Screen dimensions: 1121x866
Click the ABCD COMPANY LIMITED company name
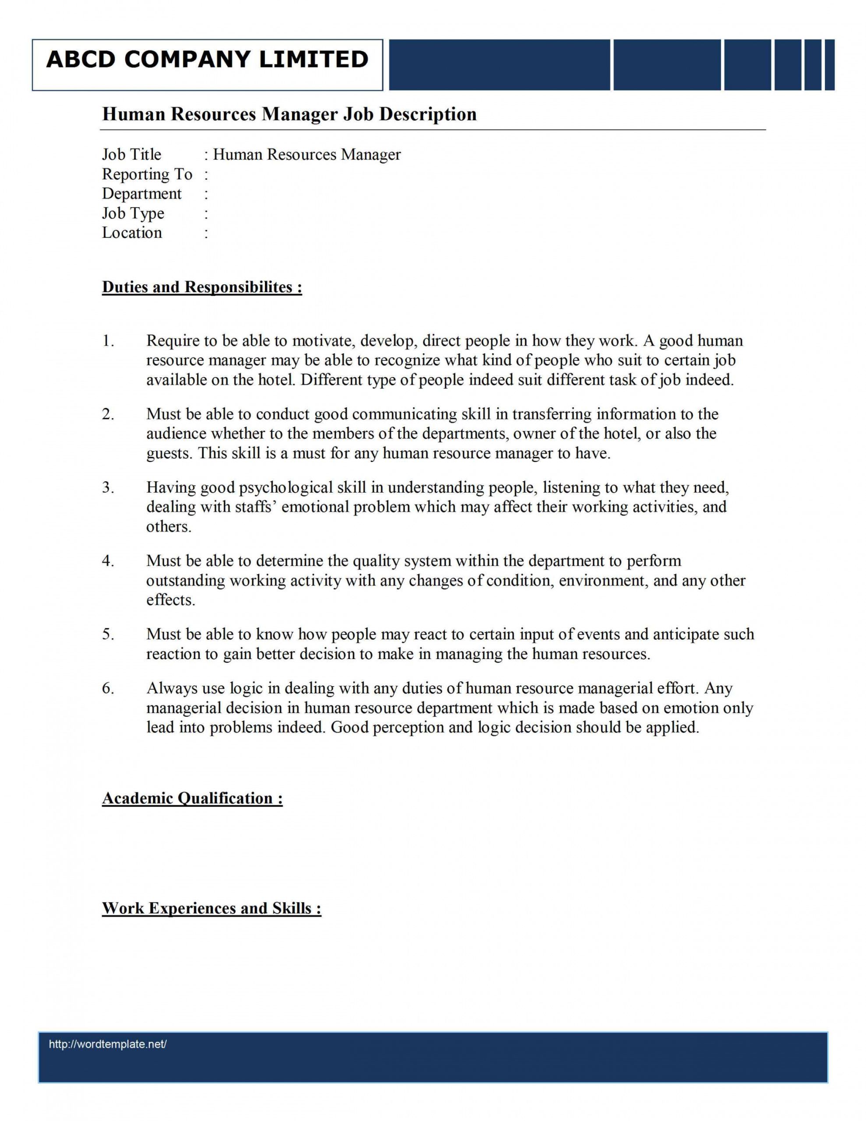[x=208, y=60]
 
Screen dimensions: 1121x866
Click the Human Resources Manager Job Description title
[x=289, y=114]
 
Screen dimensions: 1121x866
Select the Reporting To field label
[x=147, y=175]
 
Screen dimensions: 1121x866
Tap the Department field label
[x=142, y=194]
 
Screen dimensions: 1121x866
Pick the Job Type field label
[x=133, y=214]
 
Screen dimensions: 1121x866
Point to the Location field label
[x=132, y=233]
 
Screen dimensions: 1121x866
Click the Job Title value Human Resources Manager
[x=306, y=155]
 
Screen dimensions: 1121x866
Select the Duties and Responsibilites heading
[x=202, y=287]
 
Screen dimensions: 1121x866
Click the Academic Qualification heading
[x=192, y=798]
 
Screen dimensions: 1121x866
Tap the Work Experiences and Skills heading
[x=211, y=908]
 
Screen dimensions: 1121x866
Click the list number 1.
[x=107, y=341]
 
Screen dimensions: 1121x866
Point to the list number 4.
[x=107, y=561]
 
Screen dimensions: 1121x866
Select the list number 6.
[x=107, y=688]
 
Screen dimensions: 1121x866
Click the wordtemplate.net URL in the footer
[x=108, y=1044]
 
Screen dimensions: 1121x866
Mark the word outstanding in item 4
[x=185, y=581]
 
